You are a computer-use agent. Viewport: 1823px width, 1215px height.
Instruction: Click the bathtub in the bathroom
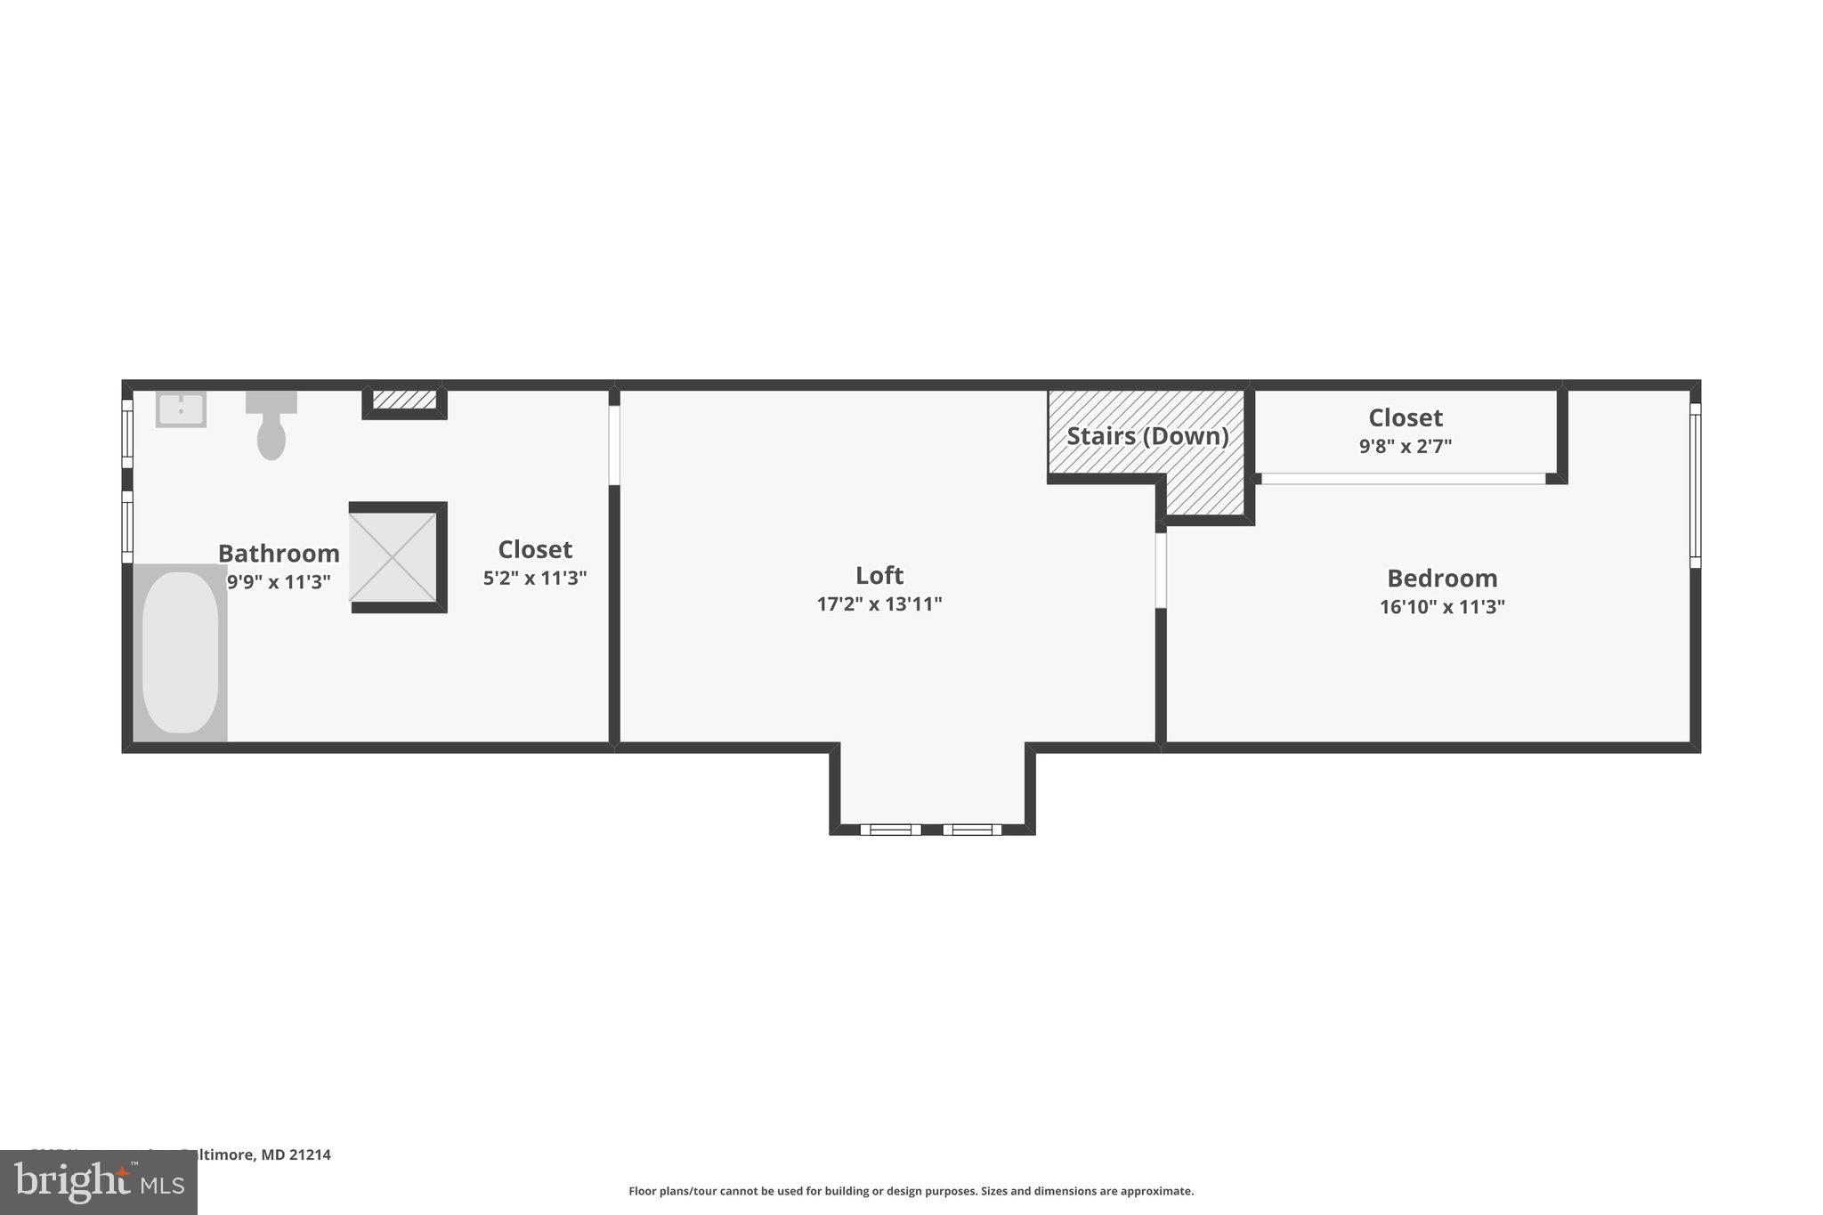coord(180,652)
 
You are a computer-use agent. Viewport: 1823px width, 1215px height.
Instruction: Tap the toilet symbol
coord(271,425)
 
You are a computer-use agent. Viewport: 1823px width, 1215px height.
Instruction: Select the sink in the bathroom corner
coord(181,409)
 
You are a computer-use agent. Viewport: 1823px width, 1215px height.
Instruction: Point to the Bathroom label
coord(279,554)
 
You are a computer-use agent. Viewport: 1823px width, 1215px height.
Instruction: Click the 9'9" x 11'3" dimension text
coord(279,582)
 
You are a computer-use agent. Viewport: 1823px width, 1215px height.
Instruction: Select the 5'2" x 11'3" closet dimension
coord(534,579)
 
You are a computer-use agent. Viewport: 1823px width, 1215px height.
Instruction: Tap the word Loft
coord(879,575)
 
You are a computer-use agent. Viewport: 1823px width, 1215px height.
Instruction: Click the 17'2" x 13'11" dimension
coord(879,604)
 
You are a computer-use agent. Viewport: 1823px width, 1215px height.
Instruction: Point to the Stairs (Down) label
coord(1146,436)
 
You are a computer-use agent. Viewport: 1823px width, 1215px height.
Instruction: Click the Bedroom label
coord(1442,579)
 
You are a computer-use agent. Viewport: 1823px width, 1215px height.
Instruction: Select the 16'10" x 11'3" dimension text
coord(1442,607)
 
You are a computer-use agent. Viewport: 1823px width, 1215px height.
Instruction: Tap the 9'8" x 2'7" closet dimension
coord(1405,447)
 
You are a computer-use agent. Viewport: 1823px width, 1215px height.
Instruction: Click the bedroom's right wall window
coord(1695,485)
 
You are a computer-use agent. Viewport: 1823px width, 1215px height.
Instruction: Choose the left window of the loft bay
coord(890,830)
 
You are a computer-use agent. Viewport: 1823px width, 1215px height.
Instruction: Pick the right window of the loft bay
coord(972,830)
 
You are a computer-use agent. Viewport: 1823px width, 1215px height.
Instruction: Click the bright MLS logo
coord(98,1183)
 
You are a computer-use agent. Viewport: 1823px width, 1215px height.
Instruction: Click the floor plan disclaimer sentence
coord(911,1191)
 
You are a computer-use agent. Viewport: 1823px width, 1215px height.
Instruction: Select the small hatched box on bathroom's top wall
coord(404,401)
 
